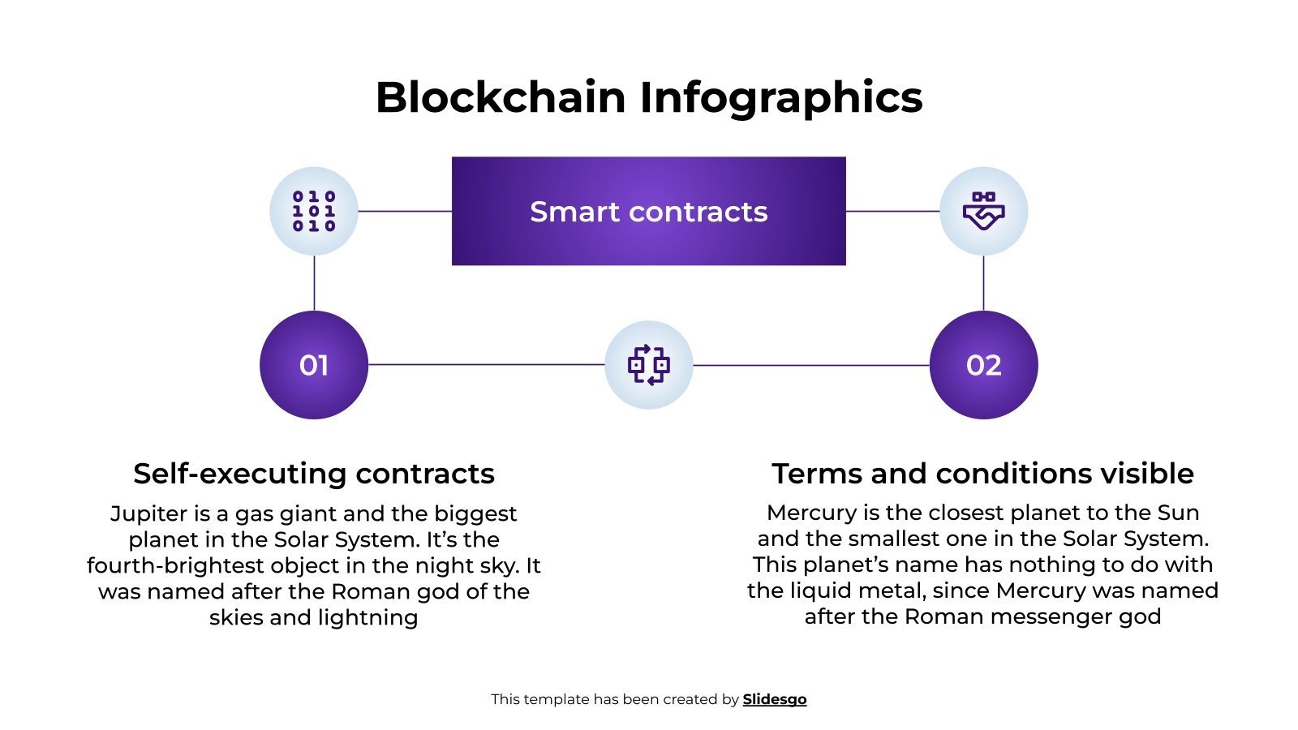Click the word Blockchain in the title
coord(501,97)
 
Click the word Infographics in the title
coord(780,97)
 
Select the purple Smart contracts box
coord(648,211)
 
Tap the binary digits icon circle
coord(314,211)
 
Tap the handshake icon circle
coord(983,211)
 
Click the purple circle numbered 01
coord(314,365)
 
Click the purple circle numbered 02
coord(983,365)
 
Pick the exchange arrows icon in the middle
coord(648,365)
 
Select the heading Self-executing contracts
coord(314,473)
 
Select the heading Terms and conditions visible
coord(982,473)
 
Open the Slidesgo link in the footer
coord(774,699)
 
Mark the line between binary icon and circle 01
coord(314,283)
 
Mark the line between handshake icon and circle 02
coord(983,283)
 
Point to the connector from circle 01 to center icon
coord(487,365)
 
